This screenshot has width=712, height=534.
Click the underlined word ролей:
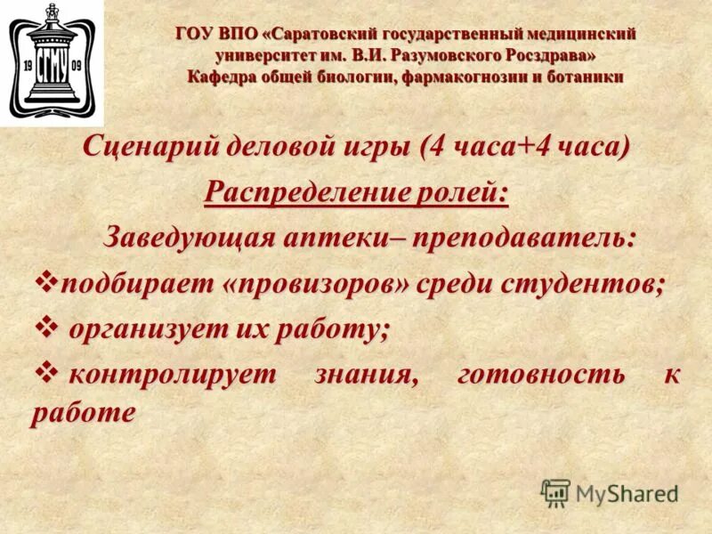(x=461, y=191)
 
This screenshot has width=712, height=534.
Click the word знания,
(x=365, y=375)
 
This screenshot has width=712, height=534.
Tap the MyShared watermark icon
(x=555, y=493)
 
